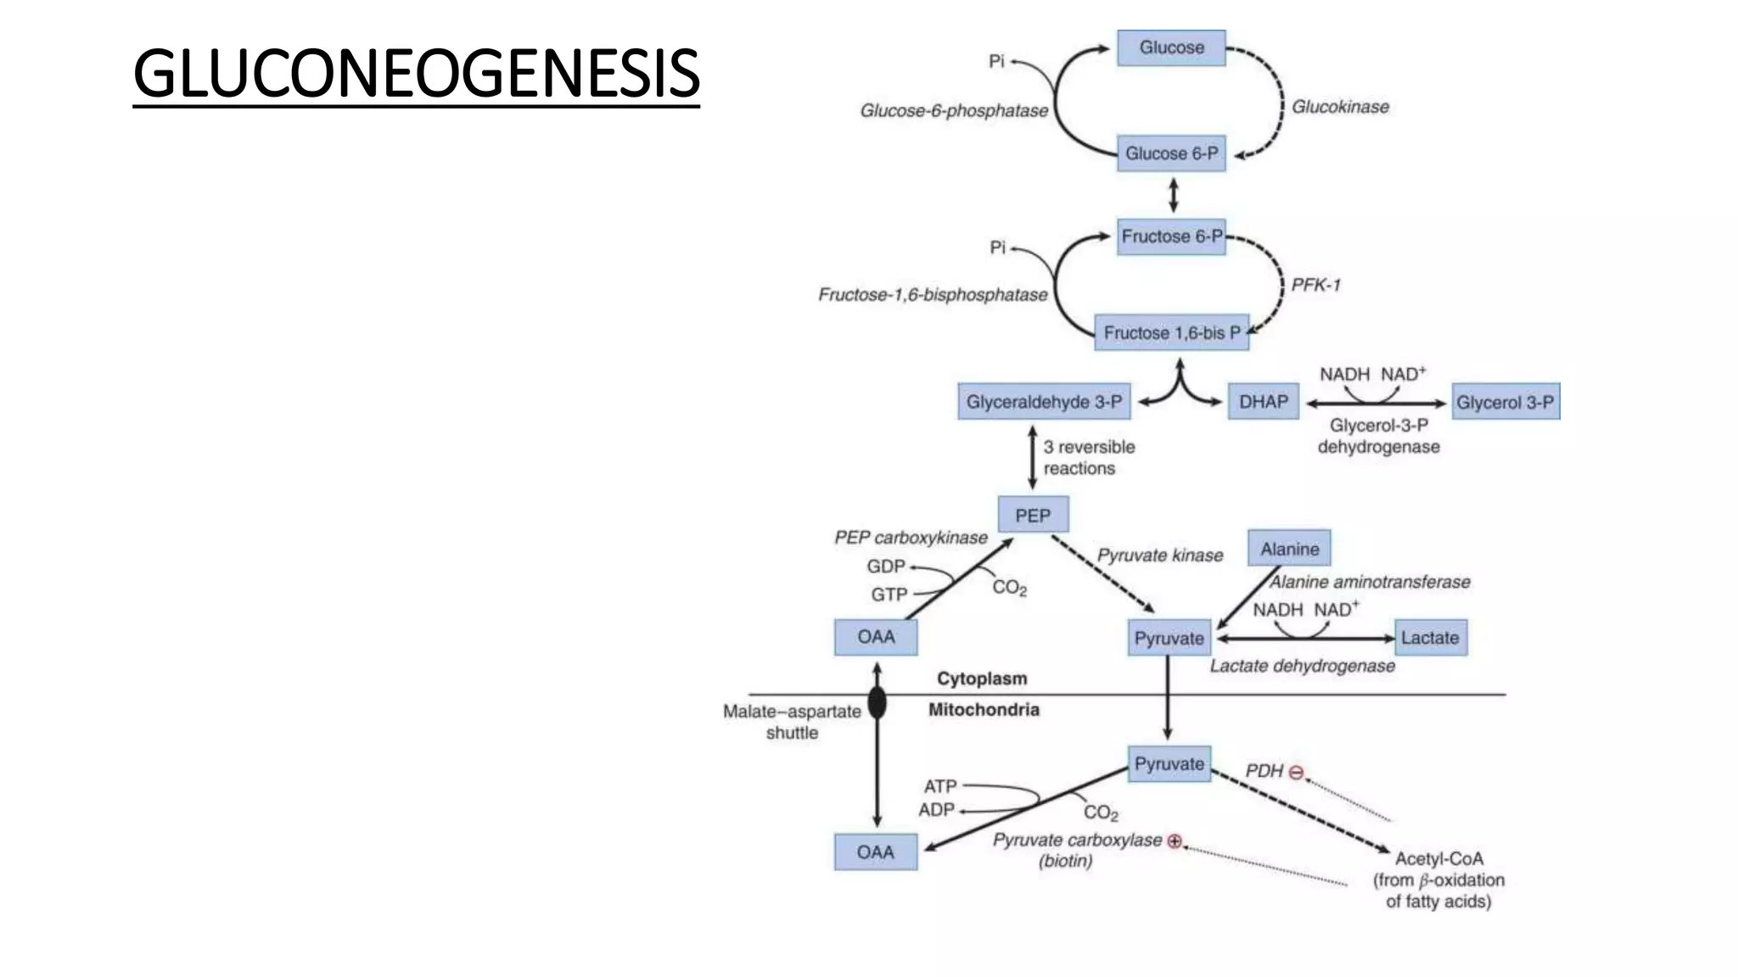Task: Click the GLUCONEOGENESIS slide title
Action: point(416,74)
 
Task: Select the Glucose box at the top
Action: point(1171,47)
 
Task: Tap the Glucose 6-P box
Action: point(1171,154)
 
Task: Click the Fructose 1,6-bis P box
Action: point(1171,332)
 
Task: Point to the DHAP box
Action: point(1263,402)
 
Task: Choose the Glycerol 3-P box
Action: point(1505,402)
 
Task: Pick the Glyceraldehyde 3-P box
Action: point(1044,402)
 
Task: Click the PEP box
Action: point(1033,516)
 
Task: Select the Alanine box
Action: point(1289,549)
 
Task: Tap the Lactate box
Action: point(1430,638)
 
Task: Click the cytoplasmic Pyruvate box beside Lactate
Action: point(1169,639)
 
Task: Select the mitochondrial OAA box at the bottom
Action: point(875,852)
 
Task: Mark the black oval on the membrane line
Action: point(877,702)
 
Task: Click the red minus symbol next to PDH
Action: point(1296,773)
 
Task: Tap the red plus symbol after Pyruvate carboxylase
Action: point(1175,841)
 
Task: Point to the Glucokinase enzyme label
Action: point(1340,107)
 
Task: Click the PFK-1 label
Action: point(1315,285)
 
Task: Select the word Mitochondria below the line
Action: point(984,710)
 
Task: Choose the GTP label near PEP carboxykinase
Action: point(889,595)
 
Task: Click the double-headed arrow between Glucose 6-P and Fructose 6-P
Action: point(1174,195)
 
